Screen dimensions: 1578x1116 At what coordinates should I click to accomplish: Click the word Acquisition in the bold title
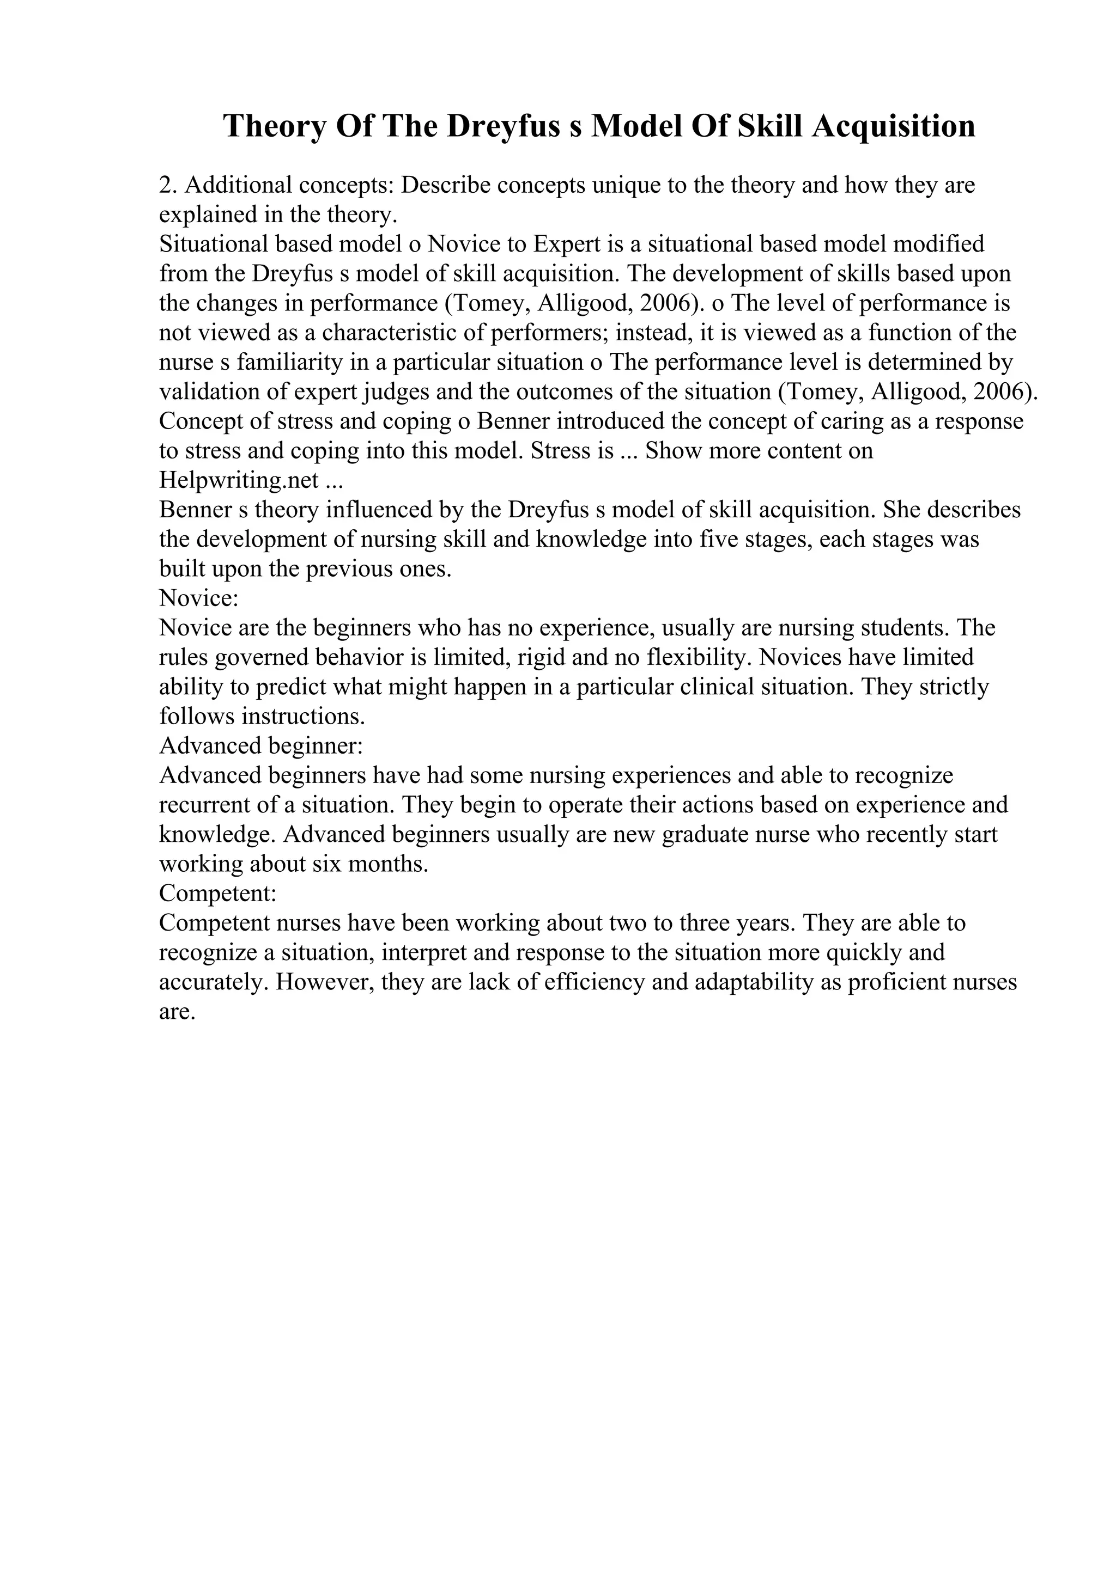(x=893, y=126)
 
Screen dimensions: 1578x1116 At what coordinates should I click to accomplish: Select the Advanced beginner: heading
(x=260, y=745)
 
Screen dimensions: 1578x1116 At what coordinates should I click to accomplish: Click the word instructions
(x=302, y=717)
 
